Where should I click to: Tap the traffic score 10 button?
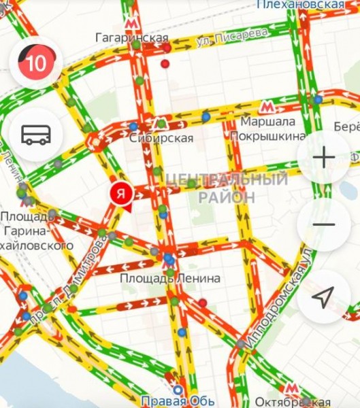click(36, 64)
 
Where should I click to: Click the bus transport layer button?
click(36, 134)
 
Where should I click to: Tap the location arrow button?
click(323, 296)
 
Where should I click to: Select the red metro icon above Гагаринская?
click(130, 22)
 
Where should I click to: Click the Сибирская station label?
click(161, 138)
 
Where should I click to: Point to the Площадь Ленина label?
click(170, 278)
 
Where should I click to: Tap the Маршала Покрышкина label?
click(267, 129)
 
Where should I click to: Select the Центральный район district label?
click(227, 188)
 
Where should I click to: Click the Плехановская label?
click(301, 5)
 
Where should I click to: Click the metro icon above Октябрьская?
click(291, 388)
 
